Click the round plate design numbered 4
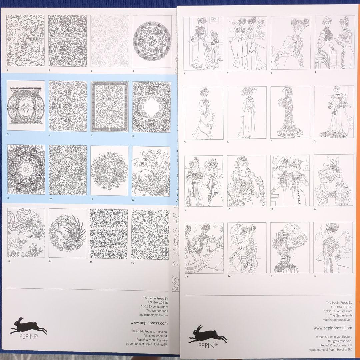[x=152, y=41]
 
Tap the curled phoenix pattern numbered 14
[x=67, y=233]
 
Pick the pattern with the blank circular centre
[x=152, y=106]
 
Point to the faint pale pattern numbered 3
[x=110, y=41]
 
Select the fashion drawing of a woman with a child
[x=204, y=43]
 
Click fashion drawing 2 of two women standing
[x=247, y=43]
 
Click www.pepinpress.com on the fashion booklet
[x=333, y=328]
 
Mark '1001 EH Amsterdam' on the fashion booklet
[x=338, y=311]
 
